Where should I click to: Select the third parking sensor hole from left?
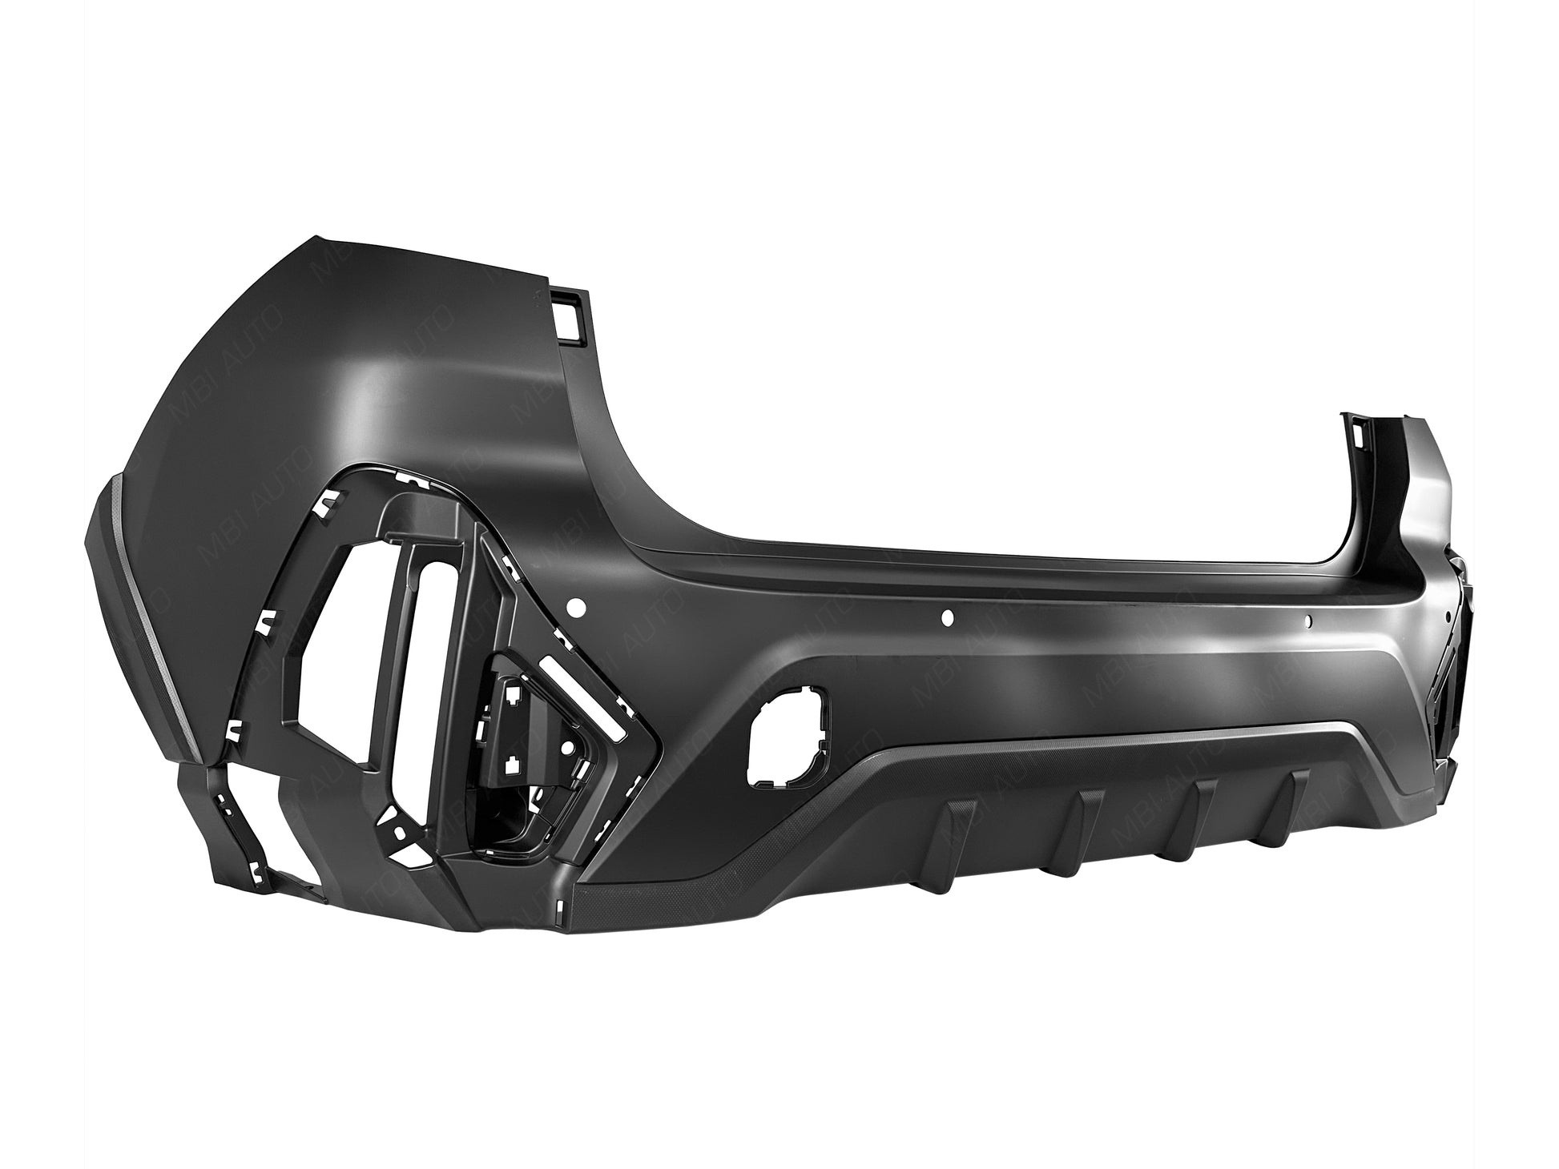(1307, 620)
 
